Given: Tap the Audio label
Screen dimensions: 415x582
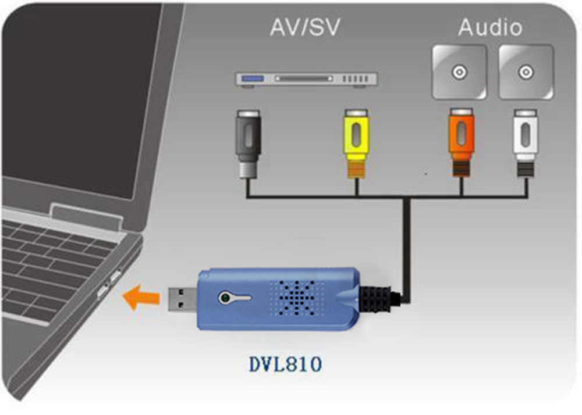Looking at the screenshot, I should (x=490, y=27).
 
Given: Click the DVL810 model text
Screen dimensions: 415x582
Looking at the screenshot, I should (x=285, y=364).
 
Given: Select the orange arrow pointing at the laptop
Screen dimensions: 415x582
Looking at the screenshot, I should (x=141, y=298).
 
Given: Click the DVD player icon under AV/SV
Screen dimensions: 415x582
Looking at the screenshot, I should (x=306, y=79).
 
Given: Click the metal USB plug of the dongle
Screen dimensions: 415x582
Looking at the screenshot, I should (x=182, y=298).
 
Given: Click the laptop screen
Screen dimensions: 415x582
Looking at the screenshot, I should (x=76, y=87).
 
